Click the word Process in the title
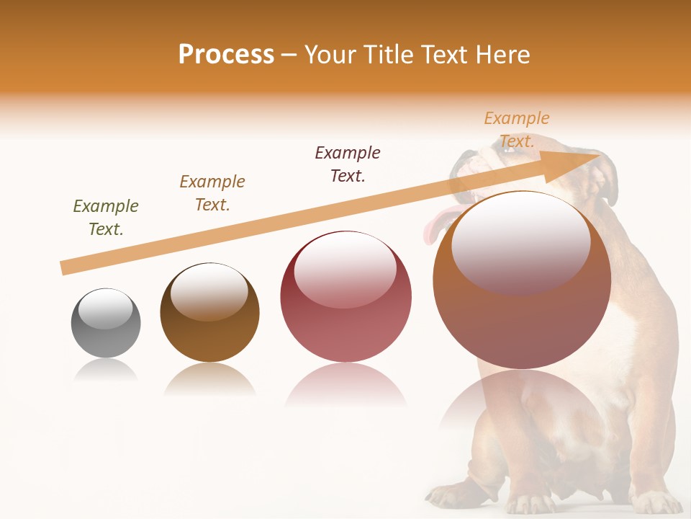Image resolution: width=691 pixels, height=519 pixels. (226, 55)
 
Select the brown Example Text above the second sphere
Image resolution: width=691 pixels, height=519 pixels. (212, 193)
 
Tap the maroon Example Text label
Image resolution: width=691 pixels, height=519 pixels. (348, 164)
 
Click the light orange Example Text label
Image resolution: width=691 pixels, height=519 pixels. (517, 130)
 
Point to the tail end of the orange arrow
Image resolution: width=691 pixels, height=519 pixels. (65, 268)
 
